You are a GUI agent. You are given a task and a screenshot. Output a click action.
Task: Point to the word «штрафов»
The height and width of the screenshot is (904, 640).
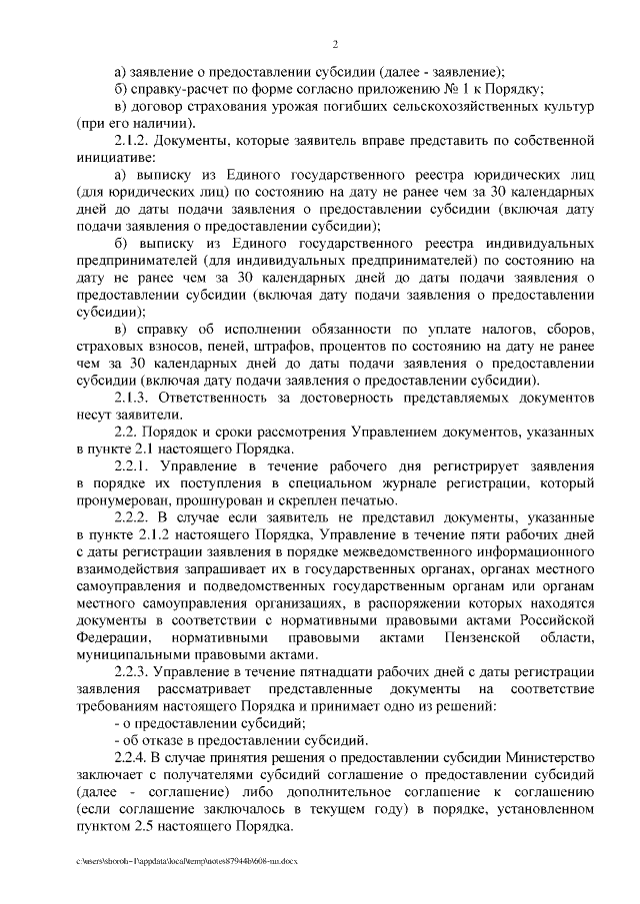283,346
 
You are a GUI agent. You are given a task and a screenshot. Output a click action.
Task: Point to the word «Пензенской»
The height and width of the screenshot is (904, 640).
467,638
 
